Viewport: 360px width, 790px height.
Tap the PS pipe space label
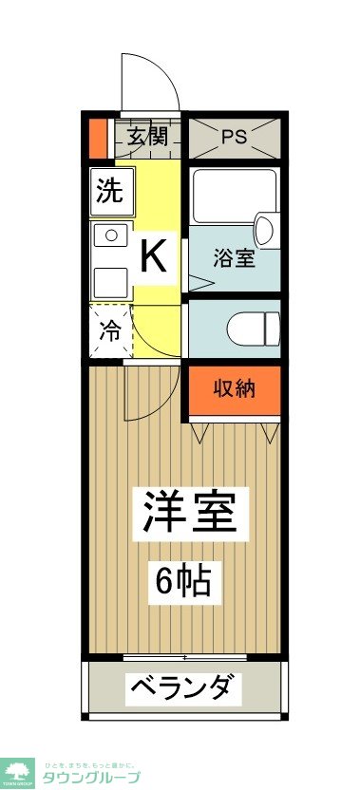pyautogui.click(x=234, y=136)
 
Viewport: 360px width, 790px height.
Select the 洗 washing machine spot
pyautogui.click(x=110, y=192)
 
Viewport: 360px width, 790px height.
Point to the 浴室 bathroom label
pyautogui.click(x=234, y=258)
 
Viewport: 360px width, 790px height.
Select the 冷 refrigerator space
pyautogui.click(x=110, y=331)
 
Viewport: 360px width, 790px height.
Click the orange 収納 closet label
pyautogui.click(x=234, y=388)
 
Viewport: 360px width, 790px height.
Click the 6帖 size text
pyautogui.click(x=189, y=578)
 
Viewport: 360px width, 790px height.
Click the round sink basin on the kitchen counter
pyautogui.click(x=110, y=235)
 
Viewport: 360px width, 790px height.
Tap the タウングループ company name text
pyautogui.click(x=92, y=776)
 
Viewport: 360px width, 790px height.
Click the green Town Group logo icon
pyautogui.click(x=19, y=771)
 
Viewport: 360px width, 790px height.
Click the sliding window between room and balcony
pyautogui.click(x=184, y=656)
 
